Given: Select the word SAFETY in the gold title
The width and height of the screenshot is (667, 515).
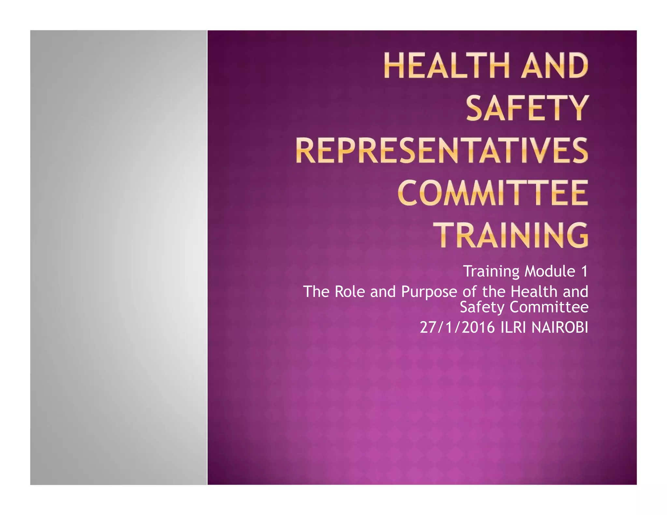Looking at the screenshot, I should tap(527, 108).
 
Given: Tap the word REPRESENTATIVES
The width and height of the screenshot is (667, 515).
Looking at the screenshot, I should tap(442, 151).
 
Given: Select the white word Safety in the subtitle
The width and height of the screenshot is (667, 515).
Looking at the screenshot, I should tap(482, 307).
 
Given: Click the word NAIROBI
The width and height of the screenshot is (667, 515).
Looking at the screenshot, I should tap(560, 327).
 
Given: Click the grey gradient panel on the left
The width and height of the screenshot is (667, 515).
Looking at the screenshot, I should tap(119, 257).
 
